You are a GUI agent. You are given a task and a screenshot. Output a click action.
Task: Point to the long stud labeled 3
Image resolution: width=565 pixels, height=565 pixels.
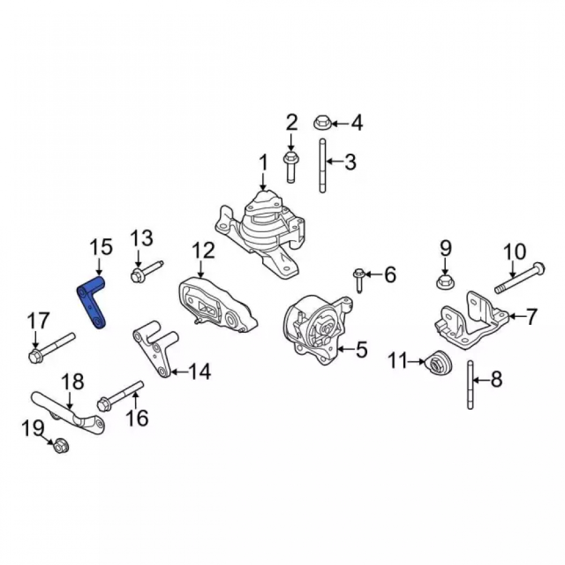click(x=323, y=166)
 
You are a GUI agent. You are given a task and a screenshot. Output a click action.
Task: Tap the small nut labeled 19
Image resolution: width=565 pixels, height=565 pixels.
click(x=61, y=446)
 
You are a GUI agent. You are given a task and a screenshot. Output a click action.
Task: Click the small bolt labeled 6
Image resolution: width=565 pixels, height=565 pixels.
click(x=359, y=280)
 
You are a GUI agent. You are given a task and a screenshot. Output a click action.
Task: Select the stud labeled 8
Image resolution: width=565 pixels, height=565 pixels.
click(x=470, y=385)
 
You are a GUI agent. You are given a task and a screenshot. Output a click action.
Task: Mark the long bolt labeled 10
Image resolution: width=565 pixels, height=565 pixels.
click(x=520, y=278)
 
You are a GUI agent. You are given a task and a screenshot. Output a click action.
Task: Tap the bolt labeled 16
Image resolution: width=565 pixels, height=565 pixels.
click(x=121, y=395)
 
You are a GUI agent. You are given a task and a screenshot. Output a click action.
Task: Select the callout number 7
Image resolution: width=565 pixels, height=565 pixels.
click(x=532, y=316)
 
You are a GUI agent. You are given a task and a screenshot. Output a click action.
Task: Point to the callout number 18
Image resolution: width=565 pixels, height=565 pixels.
click(x=72, y=381)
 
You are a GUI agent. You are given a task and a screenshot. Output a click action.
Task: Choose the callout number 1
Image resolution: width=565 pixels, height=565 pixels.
click(x=264, y=163)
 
